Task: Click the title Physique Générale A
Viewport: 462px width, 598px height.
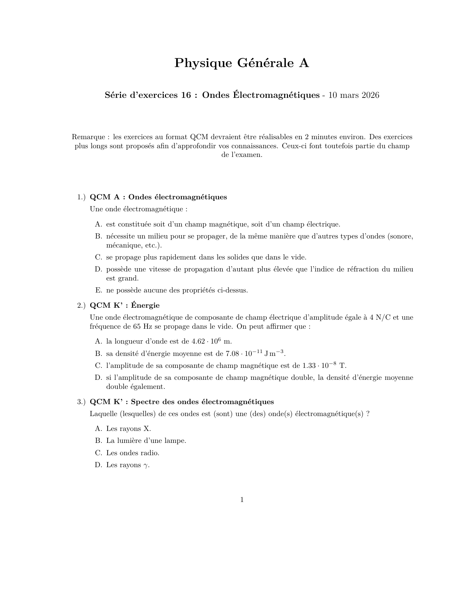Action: point(242,63)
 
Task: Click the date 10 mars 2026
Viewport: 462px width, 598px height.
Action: point(354,95)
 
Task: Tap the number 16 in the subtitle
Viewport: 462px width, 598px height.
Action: point(186,95)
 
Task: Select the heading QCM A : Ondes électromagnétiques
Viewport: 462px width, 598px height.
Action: point(158,197)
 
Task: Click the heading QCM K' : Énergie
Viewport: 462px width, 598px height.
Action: point(125,305)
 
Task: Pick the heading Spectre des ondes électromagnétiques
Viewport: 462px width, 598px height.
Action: point(202,402)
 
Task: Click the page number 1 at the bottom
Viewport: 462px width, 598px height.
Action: point(242,500)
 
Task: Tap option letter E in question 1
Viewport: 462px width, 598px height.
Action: point(99,290)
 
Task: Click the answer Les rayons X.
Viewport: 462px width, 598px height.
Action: point(128,429)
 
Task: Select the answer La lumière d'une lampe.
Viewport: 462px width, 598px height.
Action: point(146,441)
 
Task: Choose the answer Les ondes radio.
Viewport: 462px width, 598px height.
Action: point(133,453)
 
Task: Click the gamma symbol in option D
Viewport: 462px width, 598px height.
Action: point(146,466)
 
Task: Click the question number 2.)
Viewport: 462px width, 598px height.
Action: point(81,305)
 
